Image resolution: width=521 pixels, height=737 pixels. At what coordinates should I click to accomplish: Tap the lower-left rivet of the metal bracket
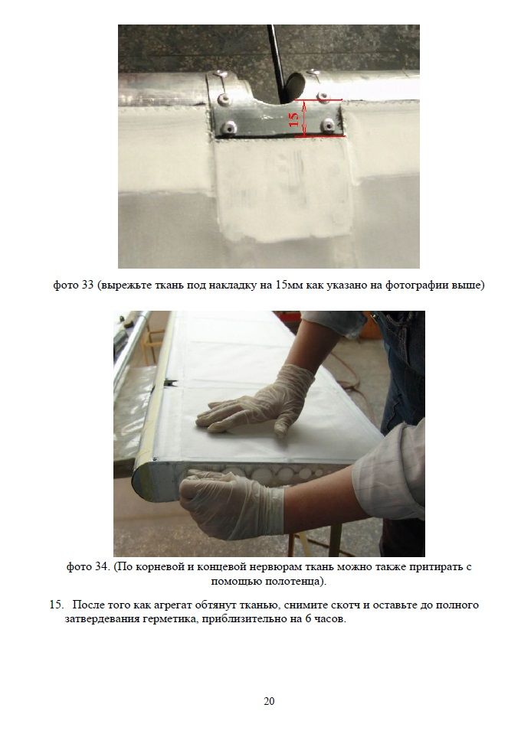pos(229,127)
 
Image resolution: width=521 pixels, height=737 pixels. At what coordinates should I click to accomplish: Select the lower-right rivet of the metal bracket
pos(328,125)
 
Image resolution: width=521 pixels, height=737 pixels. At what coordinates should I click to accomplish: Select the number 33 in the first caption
pos(87,285)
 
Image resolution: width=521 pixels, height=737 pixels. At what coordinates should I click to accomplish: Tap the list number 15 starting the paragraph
pos(56,605)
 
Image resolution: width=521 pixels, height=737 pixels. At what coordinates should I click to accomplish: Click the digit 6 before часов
pos(307,618)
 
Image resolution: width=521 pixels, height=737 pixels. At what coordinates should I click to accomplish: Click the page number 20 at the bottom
pos(269,701)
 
